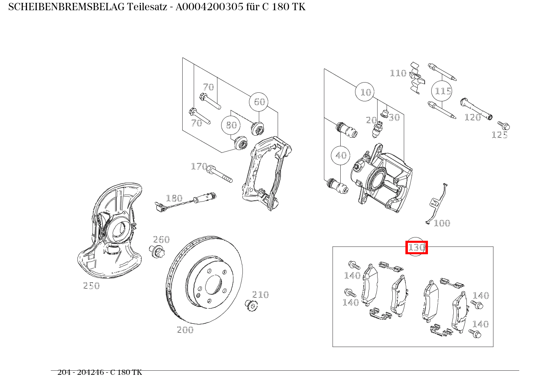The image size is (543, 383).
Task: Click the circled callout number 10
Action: [x=365, y=92]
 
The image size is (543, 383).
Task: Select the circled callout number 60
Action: [x=259, y=101]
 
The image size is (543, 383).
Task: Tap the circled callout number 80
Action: [x=231, y=125]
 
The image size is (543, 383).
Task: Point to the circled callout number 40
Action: [x=341, y=155]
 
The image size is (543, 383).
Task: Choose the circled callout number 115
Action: [x=443, y=91]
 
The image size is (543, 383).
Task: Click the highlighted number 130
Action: [x=416, y=247]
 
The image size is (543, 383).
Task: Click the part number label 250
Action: [x=91, y=286]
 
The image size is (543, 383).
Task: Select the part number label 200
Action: [x=185, y=330]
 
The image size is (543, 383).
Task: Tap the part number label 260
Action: [x=161, y=240]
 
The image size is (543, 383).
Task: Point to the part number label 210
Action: [x=260, y=295]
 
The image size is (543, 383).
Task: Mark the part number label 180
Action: [x=174, y=198]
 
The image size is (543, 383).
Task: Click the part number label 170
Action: [x=199, y=166]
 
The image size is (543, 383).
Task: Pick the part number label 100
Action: [x=442, y=223]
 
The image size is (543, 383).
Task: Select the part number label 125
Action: [x=500, y=135]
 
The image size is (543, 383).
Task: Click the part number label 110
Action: [x=398, y=73]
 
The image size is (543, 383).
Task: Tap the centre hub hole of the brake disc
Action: [x=213, y=284]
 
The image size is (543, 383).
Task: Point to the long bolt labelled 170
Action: [x=219, y=174]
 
